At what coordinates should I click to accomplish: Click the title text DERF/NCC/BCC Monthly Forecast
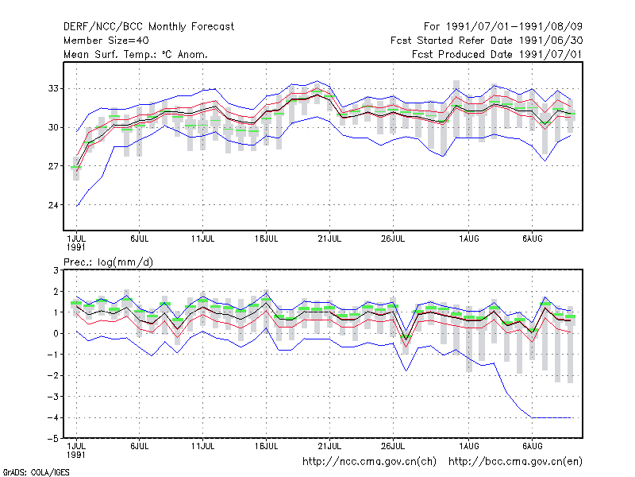click(148, 27)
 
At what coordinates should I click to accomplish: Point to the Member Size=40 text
click(106, 41)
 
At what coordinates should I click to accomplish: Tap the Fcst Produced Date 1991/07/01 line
click(498, 54)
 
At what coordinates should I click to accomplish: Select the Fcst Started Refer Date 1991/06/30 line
click(487, 41)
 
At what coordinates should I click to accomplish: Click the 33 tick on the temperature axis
click(53, 88)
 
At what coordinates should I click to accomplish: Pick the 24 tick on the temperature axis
click(53, 205)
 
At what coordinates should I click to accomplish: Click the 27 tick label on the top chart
click(53, 166)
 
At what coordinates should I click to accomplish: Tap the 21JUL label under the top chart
click(329, 238)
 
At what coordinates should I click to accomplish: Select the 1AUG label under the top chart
click(469, 238)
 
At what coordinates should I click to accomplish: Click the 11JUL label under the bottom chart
click(203, 446)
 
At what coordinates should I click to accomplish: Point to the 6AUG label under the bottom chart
click(532, 446)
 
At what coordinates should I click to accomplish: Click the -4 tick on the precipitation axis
click(53, 418)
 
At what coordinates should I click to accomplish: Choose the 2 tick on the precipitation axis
click(56, 292)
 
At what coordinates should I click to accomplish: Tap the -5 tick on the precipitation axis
click(53, 439)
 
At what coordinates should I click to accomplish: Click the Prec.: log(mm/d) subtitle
click(109, 262)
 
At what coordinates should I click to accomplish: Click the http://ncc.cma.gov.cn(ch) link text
click(370, 462)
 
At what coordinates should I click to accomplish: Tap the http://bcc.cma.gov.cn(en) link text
click(515, 462)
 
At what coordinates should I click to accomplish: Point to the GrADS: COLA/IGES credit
click(36, 472)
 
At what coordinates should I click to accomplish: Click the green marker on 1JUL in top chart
click(76, 167)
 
